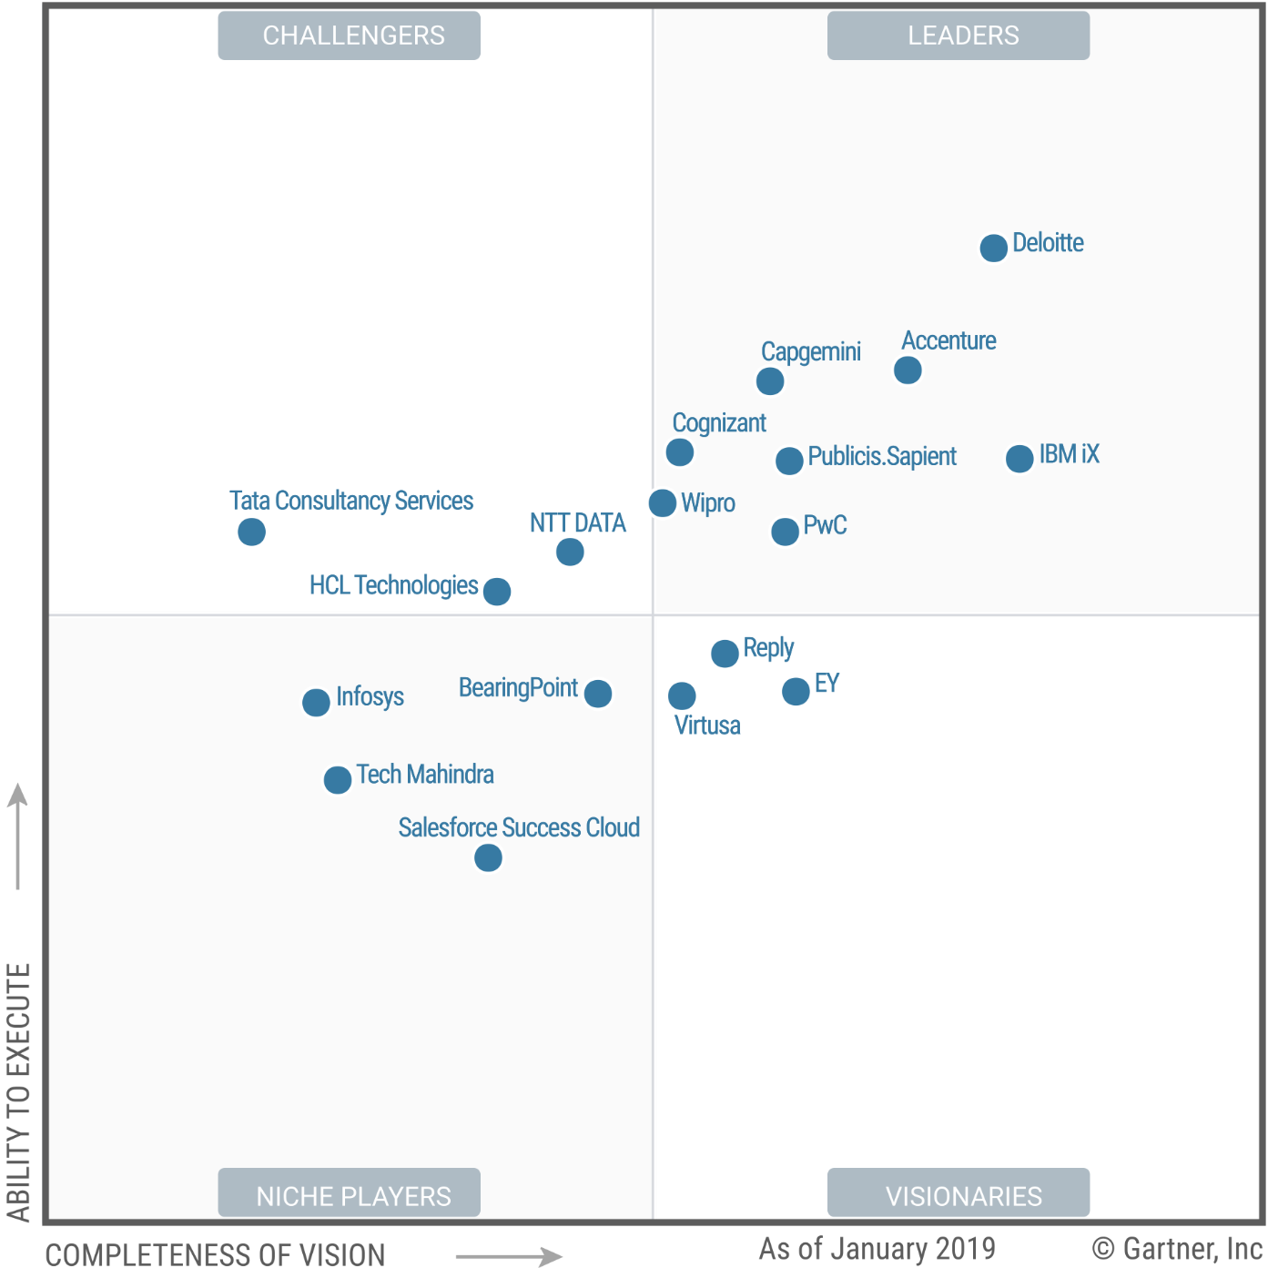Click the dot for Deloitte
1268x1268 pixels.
[993, 247]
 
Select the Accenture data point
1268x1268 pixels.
[908, 370]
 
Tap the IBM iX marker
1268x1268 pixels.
[1019, 458]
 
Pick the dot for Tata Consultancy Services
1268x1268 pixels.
[251, 532]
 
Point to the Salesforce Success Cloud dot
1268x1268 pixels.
[488, 857]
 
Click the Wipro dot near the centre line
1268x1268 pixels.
[663, 502]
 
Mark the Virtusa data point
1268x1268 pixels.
[682, 695]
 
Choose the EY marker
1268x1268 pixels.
[796, 691]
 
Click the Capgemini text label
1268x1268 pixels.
[811, 351]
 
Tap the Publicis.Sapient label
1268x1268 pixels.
[882, 456]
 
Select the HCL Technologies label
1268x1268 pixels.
[393, 585]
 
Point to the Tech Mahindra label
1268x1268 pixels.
[425, 775]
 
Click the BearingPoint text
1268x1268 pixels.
[518, 688]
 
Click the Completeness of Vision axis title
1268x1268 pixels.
[216, 1254]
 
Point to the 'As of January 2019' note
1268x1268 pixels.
[877, 1248]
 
